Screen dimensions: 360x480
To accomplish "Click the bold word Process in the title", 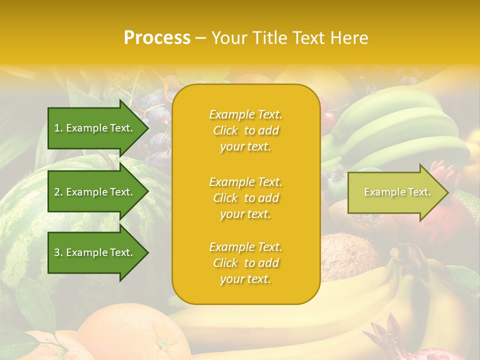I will click(157, 38).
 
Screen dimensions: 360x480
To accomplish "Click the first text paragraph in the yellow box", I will click(245, 130).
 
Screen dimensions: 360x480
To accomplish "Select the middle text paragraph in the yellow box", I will click(245, 198).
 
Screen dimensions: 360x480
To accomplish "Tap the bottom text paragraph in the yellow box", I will click(245, 263).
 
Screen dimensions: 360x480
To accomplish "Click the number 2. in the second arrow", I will click(58, 192).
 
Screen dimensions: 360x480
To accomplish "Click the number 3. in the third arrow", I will click(58, 252).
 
